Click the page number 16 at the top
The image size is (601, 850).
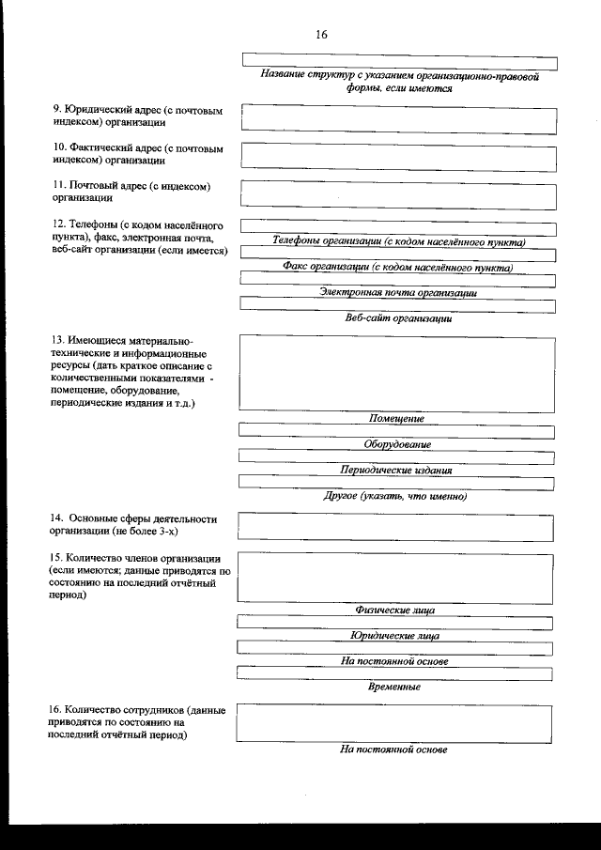322,35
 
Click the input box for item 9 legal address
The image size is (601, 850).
398,116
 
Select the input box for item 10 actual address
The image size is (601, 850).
398,154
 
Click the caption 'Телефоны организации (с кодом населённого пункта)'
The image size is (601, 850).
398,241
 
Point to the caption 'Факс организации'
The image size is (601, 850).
398,267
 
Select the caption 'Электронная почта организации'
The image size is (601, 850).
398,292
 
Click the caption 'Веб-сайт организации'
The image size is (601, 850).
399,317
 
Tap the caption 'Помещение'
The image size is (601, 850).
396,418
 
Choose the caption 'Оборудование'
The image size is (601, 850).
397,443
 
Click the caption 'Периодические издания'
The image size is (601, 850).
396,470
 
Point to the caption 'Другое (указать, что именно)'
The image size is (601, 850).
395,495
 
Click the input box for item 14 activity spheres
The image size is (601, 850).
395,527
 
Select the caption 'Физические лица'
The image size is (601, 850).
394,610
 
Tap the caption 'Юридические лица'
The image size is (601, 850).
394,636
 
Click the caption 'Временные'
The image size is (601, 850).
394,687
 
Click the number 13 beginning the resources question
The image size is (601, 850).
57,339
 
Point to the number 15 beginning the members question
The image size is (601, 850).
57,558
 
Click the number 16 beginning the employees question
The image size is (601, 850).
57,710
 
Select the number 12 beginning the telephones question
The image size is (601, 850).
57,225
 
